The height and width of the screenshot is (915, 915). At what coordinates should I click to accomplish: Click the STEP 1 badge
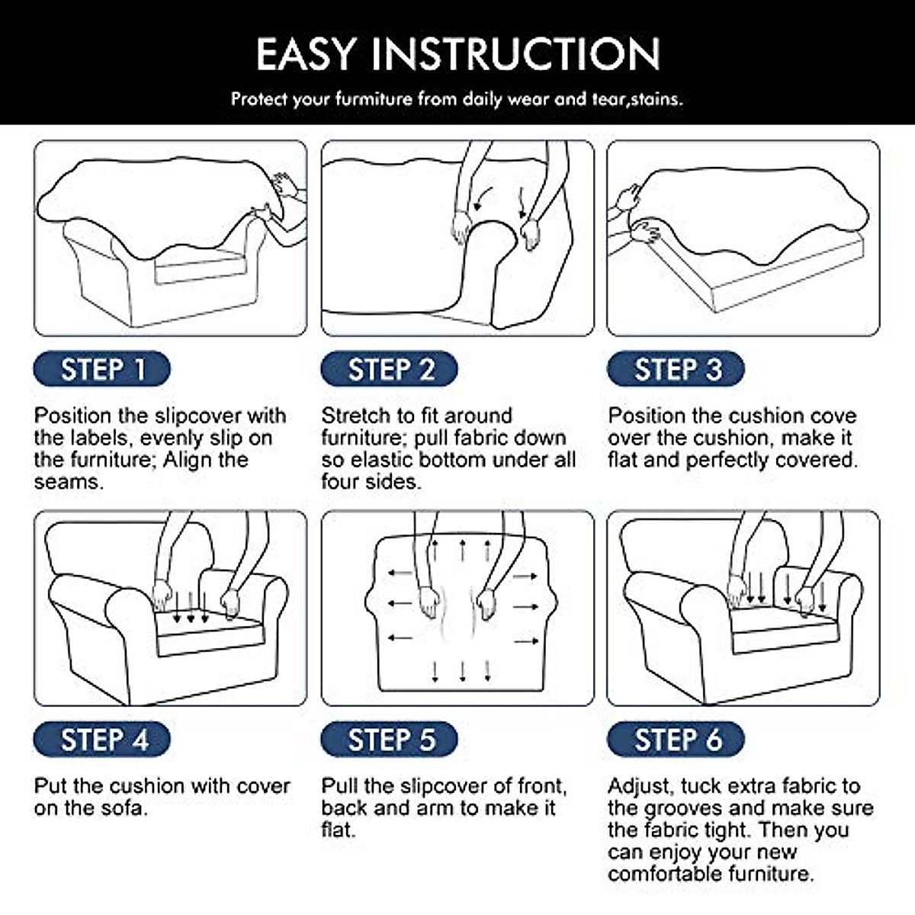pyautogui.click(x=101, y=369)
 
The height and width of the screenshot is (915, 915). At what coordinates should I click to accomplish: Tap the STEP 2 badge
pyautogui.click(x=390, y=369)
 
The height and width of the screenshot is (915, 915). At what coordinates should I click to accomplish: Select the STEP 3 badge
pyautogui.click(x=676, y=369)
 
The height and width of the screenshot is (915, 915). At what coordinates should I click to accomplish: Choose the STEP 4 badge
pyautogui.click(x=101, y=740)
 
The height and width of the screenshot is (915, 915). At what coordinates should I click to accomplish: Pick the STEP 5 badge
pyautogui.click(x=390, y=740)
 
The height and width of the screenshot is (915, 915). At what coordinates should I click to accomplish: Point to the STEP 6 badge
pyautogui.click(x=676, y=740)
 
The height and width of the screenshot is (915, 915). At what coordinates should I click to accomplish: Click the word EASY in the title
pyautogui.click(x=307, y=54)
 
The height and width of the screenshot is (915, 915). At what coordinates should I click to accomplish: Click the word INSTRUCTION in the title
pyautogui.click(x=516, y=54)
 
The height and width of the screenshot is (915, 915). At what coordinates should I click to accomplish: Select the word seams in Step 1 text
pyautogui.click(x=69, y=483)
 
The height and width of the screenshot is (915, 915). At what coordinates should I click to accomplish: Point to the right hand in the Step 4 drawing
pyautogui.click(x=231, y=602)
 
